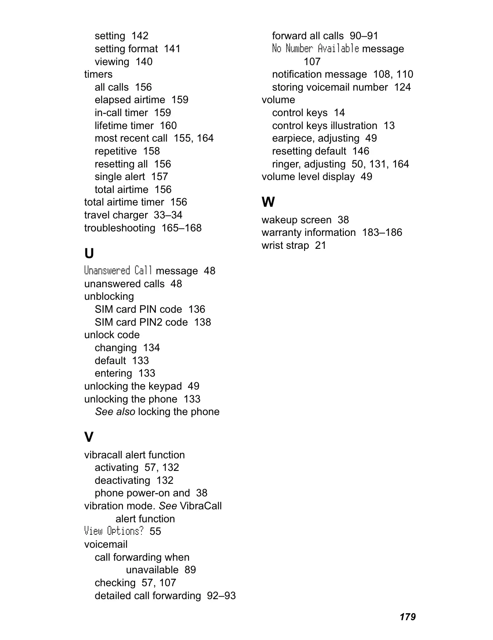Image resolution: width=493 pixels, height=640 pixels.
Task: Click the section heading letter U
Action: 89,254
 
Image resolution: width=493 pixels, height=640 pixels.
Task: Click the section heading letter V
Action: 89,437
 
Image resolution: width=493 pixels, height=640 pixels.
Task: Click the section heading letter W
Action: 268,202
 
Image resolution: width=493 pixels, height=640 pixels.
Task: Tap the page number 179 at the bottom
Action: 407,617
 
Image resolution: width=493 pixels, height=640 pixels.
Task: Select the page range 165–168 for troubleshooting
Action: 181,228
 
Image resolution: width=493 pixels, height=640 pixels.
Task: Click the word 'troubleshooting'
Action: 119,228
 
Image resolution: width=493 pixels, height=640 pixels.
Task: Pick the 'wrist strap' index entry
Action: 285,246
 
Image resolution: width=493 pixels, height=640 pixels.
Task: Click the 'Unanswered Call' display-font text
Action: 118,271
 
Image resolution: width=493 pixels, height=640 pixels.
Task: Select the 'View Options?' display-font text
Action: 114,531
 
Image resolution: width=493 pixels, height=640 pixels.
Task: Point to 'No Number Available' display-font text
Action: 315,49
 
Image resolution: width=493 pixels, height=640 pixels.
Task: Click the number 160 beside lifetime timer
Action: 168,126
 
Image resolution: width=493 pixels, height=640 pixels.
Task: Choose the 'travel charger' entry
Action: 116,215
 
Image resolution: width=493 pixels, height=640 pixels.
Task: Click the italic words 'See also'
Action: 115,412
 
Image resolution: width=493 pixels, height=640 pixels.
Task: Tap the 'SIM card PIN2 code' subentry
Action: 141,322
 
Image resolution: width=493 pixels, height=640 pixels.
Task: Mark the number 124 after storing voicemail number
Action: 402,87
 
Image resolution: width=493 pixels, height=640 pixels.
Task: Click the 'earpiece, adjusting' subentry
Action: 315,138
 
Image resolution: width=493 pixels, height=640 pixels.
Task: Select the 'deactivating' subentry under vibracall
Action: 122,481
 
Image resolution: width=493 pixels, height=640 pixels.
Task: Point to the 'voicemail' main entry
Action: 106,545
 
